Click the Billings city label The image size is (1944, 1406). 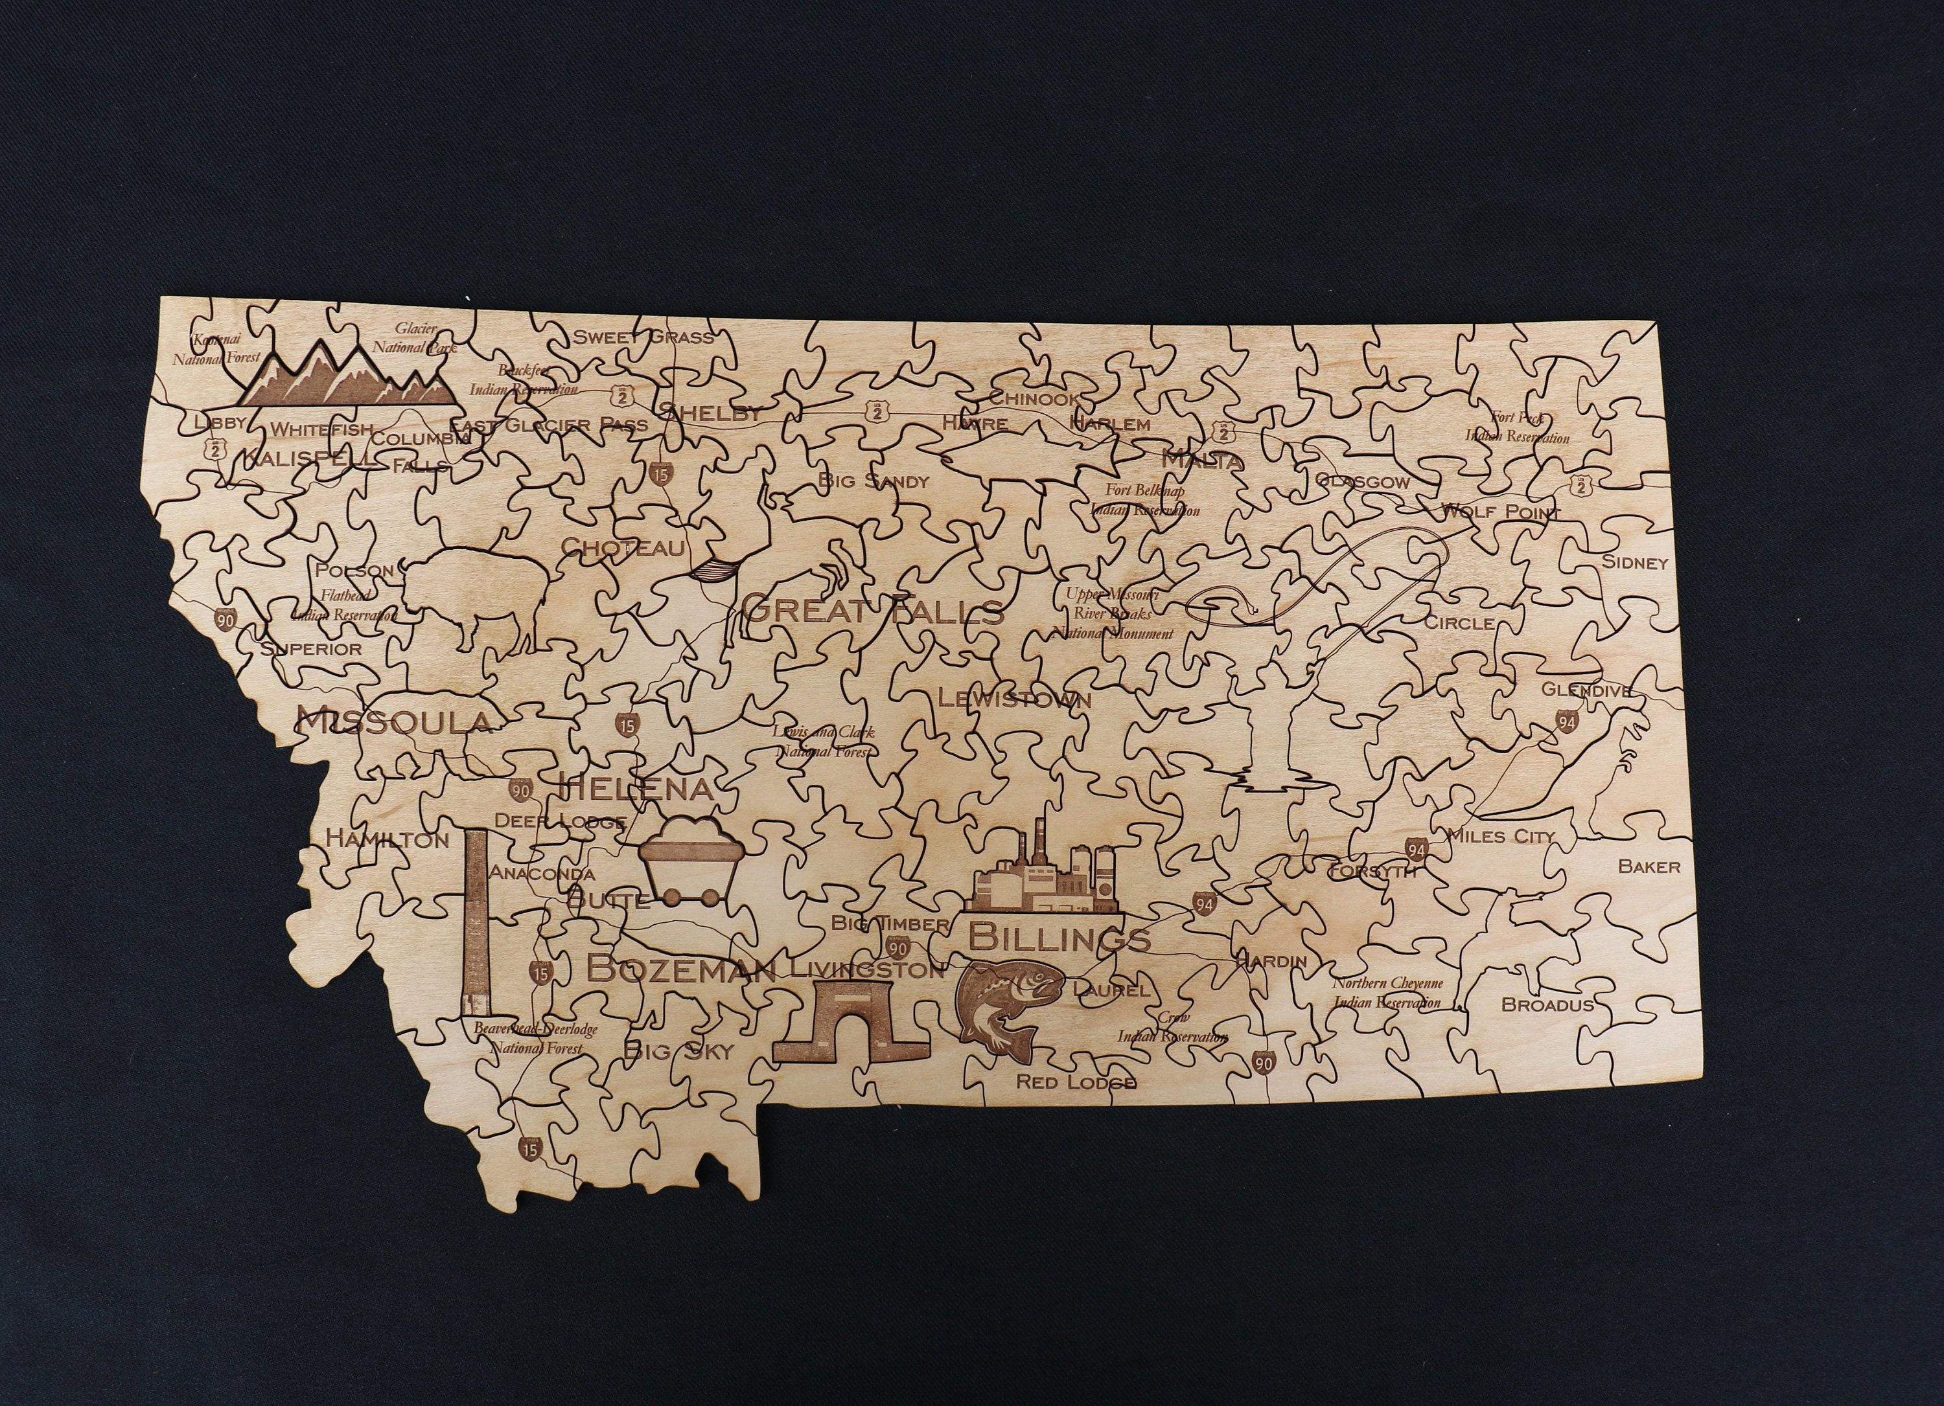coord(1059,938)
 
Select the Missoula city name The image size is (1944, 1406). coord(394,722)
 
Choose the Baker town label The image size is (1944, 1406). coord(1649,867)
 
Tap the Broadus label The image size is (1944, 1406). coord(1547,1005)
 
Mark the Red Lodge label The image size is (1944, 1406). coord(1076,1082)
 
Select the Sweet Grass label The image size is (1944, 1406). coord(643,337)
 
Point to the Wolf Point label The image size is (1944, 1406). coord(1500,512)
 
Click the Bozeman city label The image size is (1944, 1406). coord(682,970)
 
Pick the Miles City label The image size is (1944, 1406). coord(1500,835)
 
